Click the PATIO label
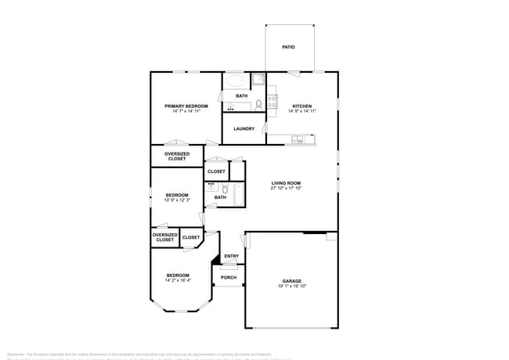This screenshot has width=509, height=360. tap(288, 48)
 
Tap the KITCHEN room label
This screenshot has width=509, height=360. tap(302, 106)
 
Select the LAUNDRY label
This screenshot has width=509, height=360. tap(244, 128)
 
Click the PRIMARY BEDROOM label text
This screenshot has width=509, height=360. tap(186, 106)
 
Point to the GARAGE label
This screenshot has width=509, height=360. tap(291, 281)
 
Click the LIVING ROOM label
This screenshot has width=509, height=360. tap(286, 183)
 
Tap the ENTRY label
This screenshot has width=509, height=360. tap(231, 257)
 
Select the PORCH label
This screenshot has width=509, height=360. tap(229, 277)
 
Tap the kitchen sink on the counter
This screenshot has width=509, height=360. tap(298, 140)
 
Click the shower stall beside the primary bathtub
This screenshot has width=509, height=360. tap(258, 80)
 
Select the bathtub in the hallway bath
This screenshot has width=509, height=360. tap(237, 191)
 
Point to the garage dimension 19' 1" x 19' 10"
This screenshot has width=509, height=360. tap(291, 286)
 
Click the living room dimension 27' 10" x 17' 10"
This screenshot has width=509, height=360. tap(286, 189)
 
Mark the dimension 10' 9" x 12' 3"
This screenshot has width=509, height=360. tap(176, 200)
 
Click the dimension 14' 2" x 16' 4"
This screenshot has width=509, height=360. tap(178, 280)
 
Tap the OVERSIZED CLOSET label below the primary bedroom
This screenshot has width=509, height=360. tap(176, 157)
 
